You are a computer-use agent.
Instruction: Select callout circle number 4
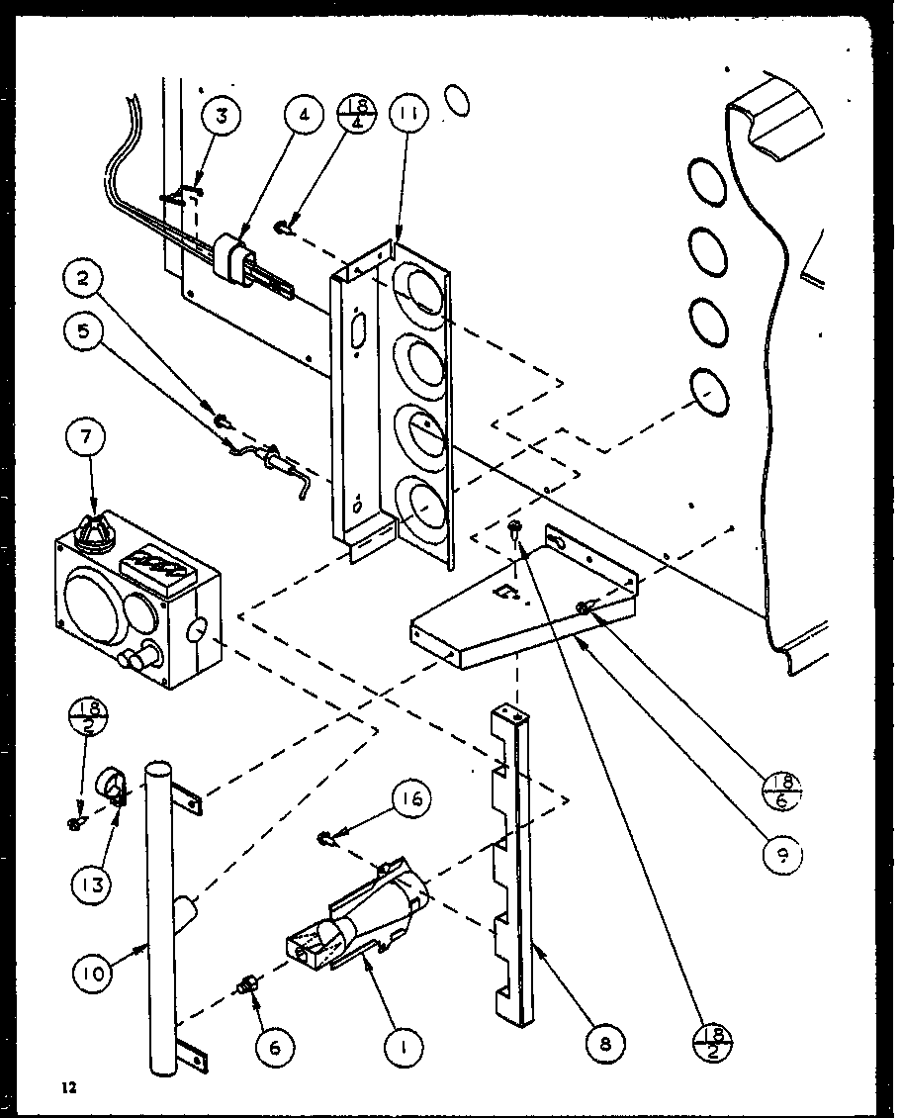(305, 115)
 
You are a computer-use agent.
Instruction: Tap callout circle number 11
(406, 115)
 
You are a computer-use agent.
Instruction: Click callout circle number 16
(412, 798)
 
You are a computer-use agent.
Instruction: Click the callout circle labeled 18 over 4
(357, 115)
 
